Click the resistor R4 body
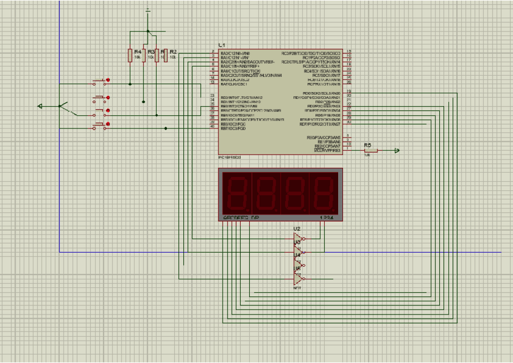point(129,56)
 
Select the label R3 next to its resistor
point(151,52)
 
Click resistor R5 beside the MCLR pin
point(367,150)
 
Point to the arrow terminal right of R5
point(396,150)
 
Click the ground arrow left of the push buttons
point(41,106)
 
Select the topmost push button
point(100,82)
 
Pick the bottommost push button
point(100,125)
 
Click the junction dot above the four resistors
point(148,31)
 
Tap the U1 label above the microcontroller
point(222,45)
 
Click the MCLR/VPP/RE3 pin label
point(327,150)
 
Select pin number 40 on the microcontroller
point(212,126)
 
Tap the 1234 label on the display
point(326,217)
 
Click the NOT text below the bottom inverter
point(297,288)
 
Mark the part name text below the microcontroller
point(229,158)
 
